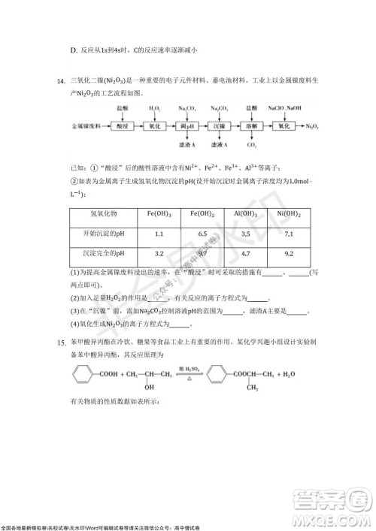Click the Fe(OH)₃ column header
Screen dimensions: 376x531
click(x=159, y=214)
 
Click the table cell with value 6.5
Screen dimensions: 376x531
click(x=202, y=234)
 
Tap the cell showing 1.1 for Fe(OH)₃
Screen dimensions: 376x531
click(x=159, y=234)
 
